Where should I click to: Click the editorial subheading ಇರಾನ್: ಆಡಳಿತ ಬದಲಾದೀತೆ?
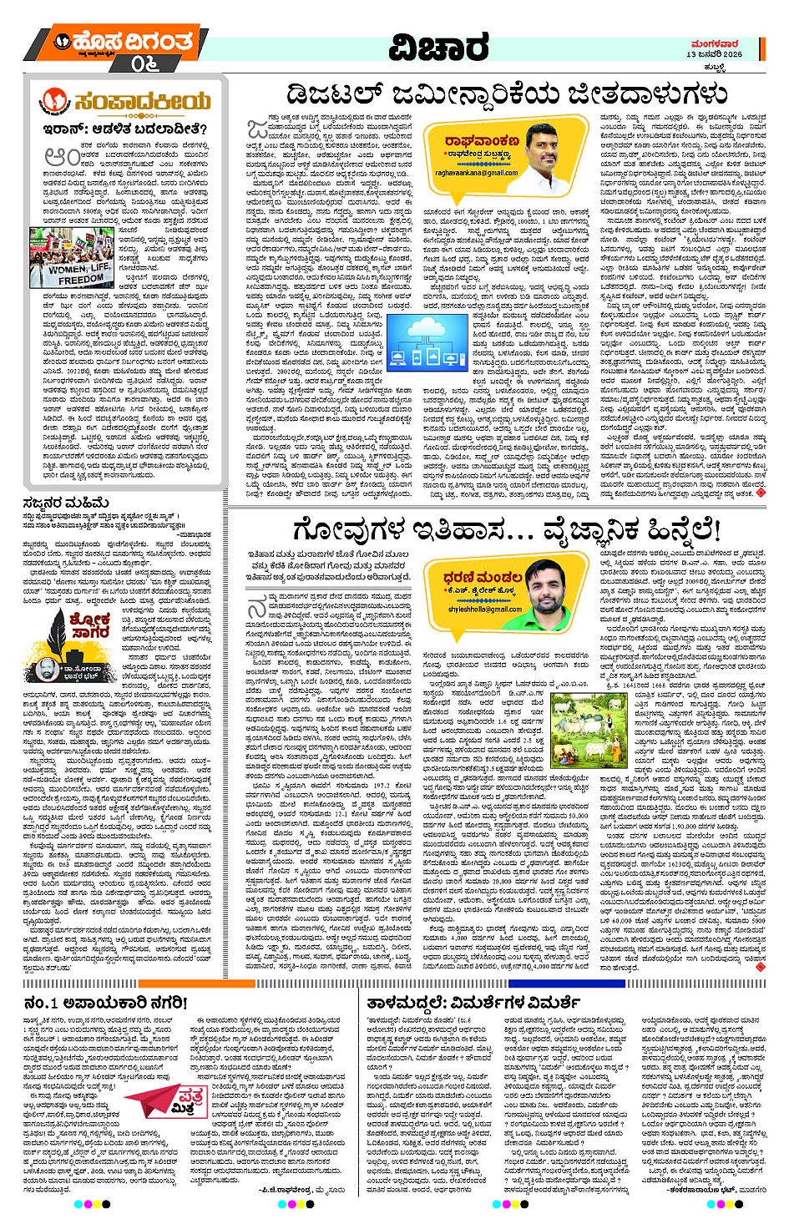(x=125, y=129)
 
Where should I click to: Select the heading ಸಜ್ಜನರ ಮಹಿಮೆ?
(x=66, y=503)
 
